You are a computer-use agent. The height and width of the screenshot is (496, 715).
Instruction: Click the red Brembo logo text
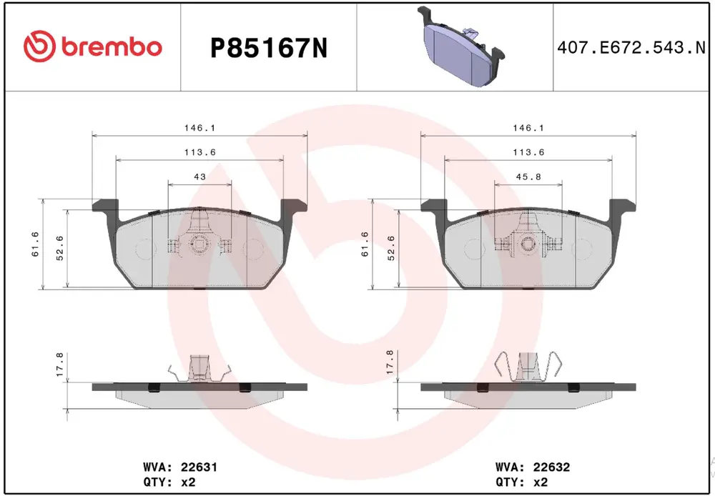tap(110, 47)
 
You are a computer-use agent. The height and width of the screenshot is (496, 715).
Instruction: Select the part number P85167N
tap(269, 49)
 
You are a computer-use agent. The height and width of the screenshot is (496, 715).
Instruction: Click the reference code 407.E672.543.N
tap(631, 47)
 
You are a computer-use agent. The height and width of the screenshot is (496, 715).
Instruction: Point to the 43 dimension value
tap(199, 177)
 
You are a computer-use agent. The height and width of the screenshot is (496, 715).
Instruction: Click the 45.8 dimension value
tap(528, 177)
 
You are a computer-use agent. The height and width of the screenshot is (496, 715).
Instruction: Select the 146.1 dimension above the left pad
tap(199, 128)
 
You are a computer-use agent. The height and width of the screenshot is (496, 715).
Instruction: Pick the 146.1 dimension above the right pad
tap(528, 128)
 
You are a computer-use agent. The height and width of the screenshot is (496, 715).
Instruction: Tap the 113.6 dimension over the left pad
tap(199, 152)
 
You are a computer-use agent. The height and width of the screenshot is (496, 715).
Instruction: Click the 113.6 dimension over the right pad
tap(528, 152)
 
